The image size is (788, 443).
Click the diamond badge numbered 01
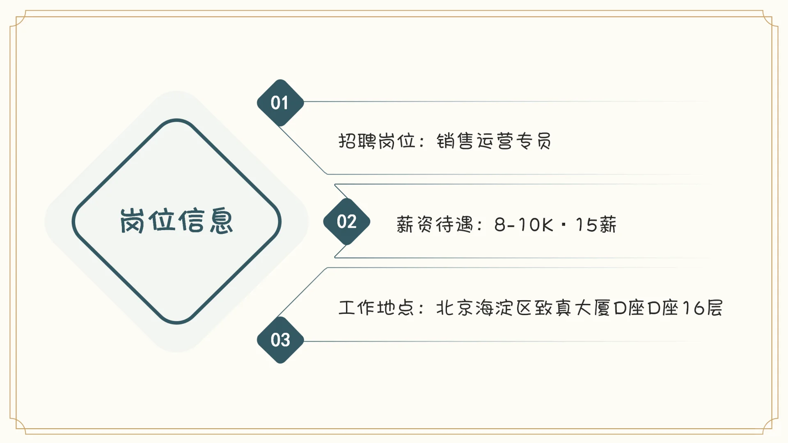click(x=280, y=103)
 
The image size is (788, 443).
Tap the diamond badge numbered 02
click(x=347, y=222)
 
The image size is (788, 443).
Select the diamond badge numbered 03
click(x=280, y=340)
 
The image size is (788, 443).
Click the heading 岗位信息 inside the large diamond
click(x=176, y=221)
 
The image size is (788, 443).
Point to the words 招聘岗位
click(x=377, y=141)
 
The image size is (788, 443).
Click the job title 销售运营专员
click(x=494, y=141)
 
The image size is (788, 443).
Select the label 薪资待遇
click(x=435, y=225)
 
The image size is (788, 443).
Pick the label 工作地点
click(x=376, y=308)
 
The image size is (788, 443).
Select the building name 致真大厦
click(x=573, y=308)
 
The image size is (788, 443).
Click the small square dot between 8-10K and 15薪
click(x=564, y=225)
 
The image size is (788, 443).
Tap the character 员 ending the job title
click(x=544, y=141)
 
